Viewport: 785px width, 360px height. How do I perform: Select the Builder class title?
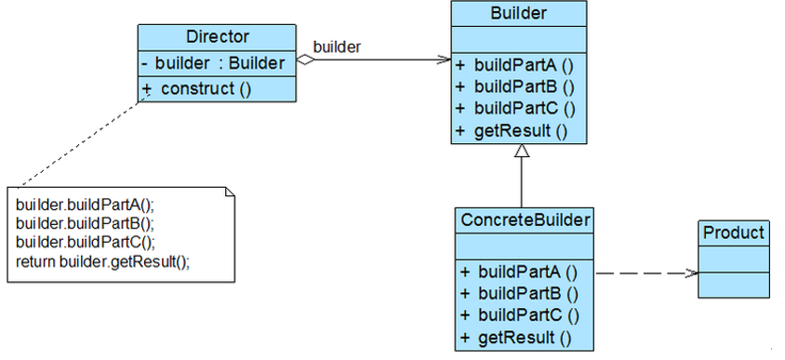pyautogui.click(x=518, y=13)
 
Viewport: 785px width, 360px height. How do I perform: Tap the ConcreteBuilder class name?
pyautogui.click(x=524, y=220)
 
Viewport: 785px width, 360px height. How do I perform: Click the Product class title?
pyautogui.click(x=733, y=233)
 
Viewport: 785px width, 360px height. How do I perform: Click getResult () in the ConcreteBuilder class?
pyautogui.click(x=514, y=337)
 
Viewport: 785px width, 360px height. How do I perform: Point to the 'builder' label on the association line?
pyautogui.click(x=337, y=47)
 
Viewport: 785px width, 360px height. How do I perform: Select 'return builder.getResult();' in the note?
pyautogui.click(x=102, y=261)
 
